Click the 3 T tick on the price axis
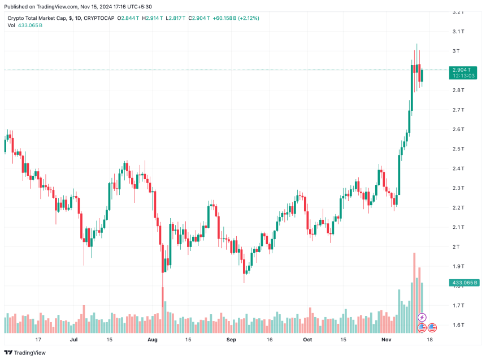pyautogui.click(x=455, y=51)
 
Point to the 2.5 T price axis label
pyautogui.click(x=458, y=149)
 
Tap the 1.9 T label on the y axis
pyautogui.click(x=458, y=266)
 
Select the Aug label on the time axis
pyautogui.click(x=151, y=340)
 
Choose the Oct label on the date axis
pyautogui.click(x=307, y=340)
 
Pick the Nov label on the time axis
pyautogui.click(x=386, y=340)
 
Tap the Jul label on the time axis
pyautogui.click(x=73, y=340)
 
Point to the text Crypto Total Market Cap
pyautogui.click(x=37, y=18)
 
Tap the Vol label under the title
pyautogui.click(x=12, y=26)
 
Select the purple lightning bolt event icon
pyautogui.click(x=422, y=318)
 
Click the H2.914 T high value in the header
pyautogui.click(x=153, y=18)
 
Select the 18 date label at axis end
pyautogui.click(x=430, y=340)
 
